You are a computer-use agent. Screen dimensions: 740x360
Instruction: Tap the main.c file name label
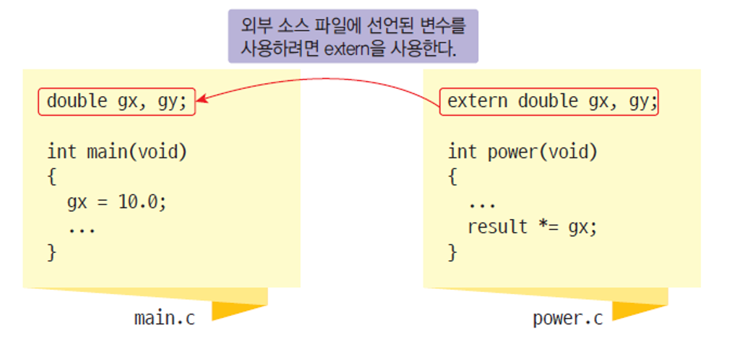click(164, 318)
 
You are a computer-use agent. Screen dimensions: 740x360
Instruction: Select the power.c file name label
click(568, 318)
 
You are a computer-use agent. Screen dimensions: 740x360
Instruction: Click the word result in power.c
click(498, 227)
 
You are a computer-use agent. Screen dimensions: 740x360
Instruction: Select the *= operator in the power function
click(548, 227)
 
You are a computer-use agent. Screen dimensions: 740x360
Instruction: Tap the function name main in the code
click(106, 153)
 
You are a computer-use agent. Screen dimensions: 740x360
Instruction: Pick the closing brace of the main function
click(51, 252)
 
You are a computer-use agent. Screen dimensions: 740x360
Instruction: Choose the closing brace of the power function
click(452, 252)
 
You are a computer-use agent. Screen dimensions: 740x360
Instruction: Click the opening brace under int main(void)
click(51, 177)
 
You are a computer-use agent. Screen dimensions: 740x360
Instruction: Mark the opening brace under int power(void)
click(452, 177)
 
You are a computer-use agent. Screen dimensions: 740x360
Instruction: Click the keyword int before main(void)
click(61, 153)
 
